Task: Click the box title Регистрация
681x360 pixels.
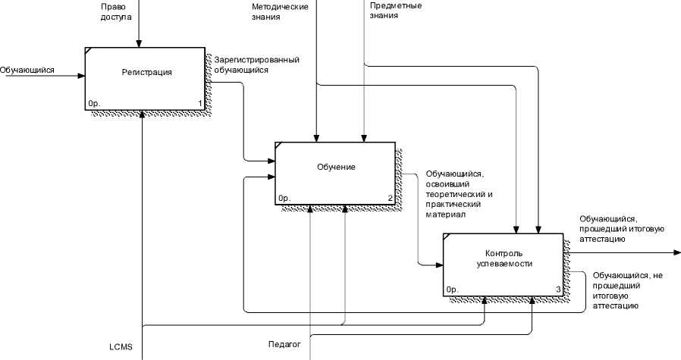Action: [147, 73]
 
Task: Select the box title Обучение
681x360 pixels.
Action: [336, 167]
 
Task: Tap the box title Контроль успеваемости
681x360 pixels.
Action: [504, 258]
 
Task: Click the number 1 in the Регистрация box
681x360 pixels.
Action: [200, 103]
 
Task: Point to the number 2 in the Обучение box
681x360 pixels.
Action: [390, 199]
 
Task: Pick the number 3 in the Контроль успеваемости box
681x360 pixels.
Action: [558, 290]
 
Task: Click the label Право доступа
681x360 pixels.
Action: [116, 12]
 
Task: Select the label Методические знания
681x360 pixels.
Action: [280, 12]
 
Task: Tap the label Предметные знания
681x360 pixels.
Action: [396, 11]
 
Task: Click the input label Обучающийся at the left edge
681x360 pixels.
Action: [27, 70]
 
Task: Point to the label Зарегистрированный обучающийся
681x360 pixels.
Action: [256, 64]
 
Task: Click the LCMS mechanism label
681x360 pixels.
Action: [121, 347]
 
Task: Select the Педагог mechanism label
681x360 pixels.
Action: [284, 344]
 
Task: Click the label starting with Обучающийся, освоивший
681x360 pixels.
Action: [461, 194]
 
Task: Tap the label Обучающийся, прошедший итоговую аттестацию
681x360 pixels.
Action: [622, 229]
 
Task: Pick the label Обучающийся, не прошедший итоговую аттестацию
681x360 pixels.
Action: [628, 290]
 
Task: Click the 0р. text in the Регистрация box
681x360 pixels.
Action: [94, 103]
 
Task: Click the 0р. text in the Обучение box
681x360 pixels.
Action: [284, 199]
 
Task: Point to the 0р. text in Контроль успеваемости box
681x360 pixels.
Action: [452, 290]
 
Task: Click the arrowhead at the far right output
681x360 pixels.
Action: [677, 252]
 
